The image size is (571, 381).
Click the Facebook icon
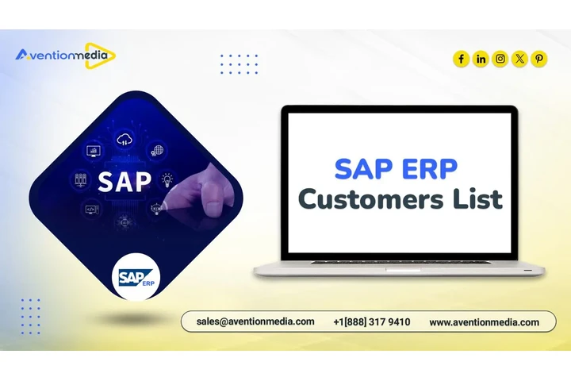(x=462, y=59)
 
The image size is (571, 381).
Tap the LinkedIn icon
(x=481, y=59)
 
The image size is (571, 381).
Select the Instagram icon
(x=500, y=59)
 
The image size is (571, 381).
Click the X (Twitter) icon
(x=519, y=59)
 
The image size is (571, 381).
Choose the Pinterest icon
(x=539, y=59)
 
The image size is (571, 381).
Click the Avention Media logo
(x=65, y=55)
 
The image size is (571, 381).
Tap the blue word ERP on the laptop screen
(x=429, y=168)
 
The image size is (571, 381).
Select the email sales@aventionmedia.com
(x=255, y=322)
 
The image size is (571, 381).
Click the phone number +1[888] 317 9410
(x=372, y=322)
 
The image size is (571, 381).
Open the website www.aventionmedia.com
(x=484, y=322)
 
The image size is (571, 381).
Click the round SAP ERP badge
(x=137, y=277)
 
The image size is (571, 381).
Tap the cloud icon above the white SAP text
(x=124, y=140)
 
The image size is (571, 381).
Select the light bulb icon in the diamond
(x=167, y=179)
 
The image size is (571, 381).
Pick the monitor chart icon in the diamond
(x=93, y=149)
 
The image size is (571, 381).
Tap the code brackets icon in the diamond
(x=91, y=210)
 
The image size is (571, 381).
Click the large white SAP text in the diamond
(x=124, y=181)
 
